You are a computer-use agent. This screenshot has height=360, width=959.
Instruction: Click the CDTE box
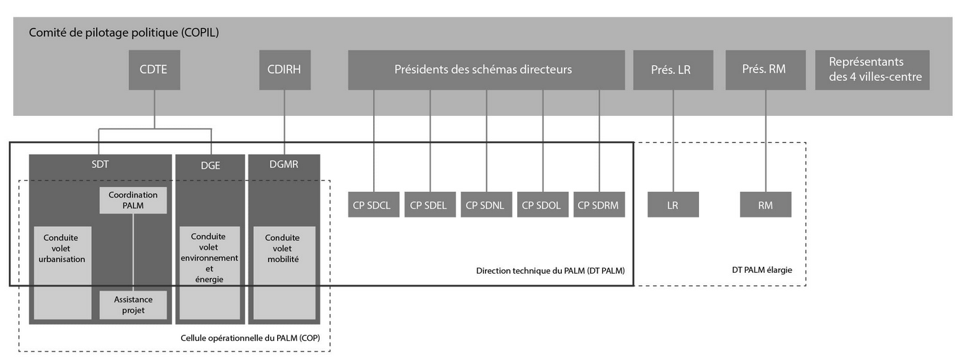point(154,70)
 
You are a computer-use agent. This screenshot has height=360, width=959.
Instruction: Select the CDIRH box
point(285,70)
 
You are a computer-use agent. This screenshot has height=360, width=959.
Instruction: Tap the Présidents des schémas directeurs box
point(486,70)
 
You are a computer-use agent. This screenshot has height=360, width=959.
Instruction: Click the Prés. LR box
point(673,70)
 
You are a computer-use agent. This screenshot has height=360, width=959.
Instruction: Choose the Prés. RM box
point(766,70)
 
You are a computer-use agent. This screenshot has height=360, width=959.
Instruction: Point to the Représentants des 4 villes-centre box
point(872,70)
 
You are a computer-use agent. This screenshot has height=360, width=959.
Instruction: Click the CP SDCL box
point(373,204)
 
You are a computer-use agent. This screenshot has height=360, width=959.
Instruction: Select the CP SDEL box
point(430,204)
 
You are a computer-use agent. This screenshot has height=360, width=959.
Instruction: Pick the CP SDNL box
point(486,204)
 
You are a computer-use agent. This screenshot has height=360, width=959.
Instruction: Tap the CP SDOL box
point(543,204)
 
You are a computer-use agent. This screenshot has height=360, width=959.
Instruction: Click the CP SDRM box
point(600,204)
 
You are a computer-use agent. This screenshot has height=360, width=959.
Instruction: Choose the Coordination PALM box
point(133,200)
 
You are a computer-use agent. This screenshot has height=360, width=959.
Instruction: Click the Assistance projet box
point(133,304)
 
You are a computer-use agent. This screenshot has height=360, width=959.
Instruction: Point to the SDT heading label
point(100,165)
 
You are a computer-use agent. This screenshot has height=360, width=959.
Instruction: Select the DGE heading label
point(210,166)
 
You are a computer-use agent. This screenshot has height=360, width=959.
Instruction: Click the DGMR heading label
point(284,165)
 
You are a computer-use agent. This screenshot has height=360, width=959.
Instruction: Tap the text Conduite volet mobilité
point(283,248)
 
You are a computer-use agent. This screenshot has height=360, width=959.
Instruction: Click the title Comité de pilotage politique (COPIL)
point(123,32)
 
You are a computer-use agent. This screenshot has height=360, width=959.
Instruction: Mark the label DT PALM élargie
point(762,270)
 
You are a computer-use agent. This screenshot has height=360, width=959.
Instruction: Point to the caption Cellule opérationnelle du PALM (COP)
point(250,338)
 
